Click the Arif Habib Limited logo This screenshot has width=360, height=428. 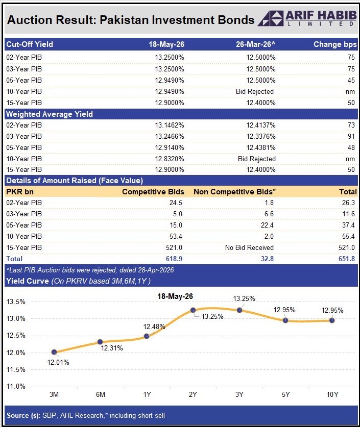coord(307,18)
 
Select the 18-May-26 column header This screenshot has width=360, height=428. coord(166,44)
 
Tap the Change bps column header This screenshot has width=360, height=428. coord(335,44)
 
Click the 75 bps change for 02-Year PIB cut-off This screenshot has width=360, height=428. coord(351,57)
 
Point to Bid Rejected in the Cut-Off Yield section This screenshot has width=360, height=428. coord(255,91)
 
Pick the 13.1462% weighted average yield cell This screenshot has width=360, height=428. coord(170,125)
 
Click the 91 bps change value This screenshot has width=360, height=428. coord(351,136)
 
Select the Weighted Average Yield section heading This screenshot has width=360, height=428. coord(50,114)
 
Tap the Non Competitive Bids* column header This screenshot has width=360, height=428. coord(234,192)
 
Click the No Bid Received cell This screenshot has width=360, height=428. coord(249,247)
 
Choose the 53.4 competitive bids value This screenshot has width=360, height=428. coord(176,236)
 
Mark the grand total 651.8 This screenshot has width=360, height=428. coord(347,259)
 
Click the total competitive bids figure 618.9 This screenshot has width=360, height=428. coord(174,259)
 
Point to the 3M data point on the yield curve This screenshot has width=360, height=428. coord(54,352)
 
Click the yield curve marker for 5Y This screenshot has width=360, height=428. coord(285,320)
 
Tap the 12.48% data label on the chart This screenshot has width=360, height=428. coord(154,326)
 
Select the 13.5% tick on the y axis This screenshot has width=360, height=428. coord(16,301)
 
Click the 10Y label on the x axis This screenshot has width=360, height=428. coord(332,394)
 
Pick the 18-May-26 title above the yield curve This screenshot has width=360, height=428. coord(175,296)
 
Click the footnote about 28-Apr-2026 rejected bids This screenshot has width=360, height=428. coord(90,270)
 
